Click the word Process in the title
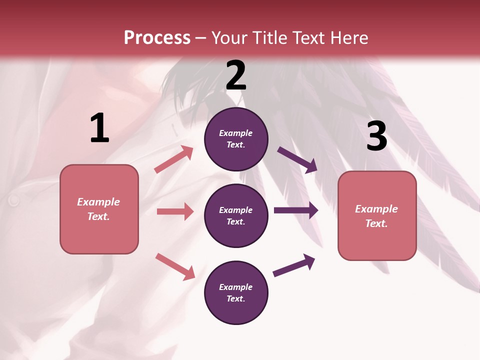(157, 38)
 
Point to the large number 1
(99, 128)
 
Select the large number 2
(236, 75)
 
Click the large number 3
(376, 136)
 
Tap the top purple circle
(236, 138)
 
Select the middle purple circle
(236, 215)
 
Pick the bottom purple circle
(236, 292)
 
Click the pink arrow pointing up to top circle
(174, 159)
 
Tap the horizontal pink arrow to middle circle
(175, 211)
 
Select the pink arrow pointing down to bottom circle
(175, 266)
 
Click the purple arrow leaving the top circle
(297, 160)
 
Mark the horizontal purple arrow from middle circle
(296, 210)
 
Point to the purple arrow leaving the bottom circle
(294, 265)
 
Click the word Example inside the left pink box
(98, 202)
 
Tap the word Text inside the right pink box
(376, 223)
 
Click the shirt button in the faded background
(13, 200)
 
